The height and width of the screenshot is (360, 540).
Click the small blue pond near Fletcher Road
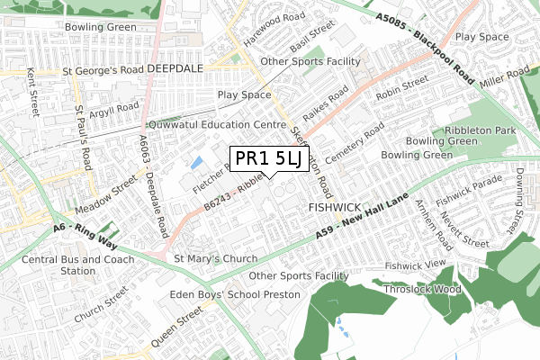coord(196,163)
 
